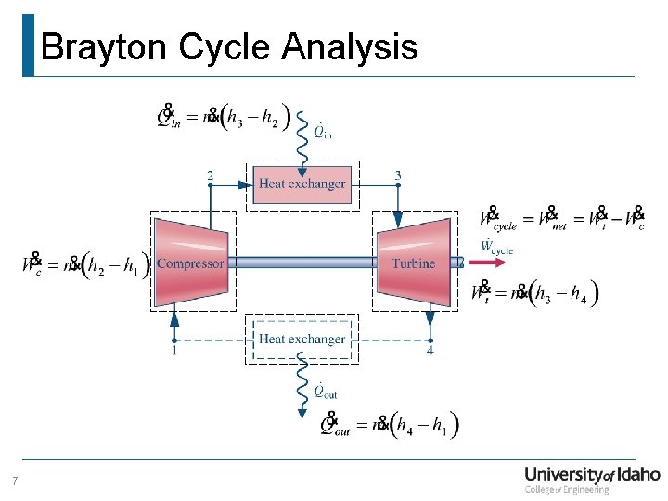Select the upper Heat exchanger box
coord(302,184)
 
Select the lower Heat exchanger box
coord(302,340)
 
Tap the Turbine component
coord(414,263)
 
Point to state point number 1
coord(173,351)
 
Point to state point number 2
coord(210,174)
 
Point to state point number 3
coord(398,174)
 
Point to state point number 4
coord(430,351)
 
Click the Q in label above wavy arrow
coord(322,131)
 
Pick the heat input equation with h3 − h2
coord(224,118)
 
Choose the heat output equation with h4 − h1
coord(390,426)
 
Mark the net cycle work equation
coord(562,219)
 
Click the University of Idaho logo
coord(591,478)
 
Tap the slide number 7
coord(15,481)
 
